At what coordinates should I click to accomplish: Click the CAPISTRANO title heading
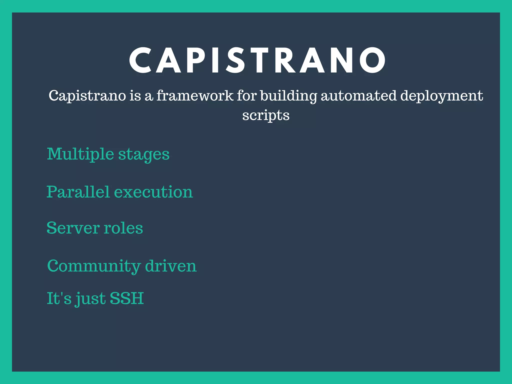[x=257, y=60]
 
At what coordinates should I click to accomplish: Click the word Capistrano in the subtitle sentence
[x=87, y=96]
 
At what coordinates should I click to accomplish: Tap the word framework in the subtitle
[x=195, y=96]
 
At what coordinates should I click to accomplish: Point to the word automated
[x=358, y=96]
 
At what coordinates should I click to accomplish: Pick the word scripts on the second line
[x=266, y=115]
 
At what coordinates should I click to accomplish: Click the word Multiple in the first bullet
[x=80, y=154]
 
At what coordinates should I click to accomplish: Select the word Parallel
[x=78, y=192]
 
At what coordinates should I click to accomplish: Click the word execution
[x=153, y=192]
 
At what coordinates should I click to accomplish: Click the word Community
[x=94, y=266]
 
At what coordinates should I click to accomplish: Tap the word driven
[x=171, y=266]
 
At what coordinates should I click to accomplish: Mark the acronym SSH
[x=126, y=298]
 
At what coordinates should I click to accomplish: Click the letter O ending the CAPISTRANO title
[x=372, y=60]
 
